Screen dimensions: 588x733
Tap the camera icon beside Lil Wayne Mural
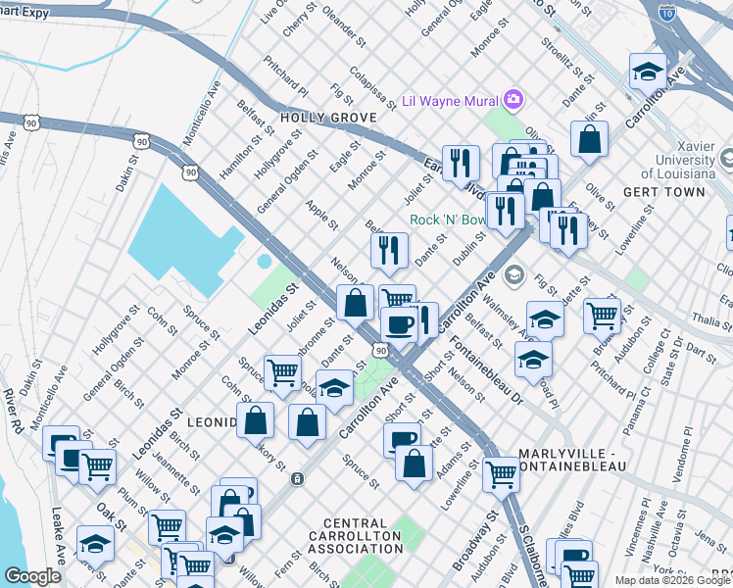[513, 100]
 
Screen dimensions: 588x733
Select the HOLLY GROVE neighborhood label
[314, 118]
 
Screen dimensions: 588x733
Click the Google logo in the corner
[32, 576]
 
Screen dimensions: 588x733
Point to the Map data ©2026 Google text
[672, 580]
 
